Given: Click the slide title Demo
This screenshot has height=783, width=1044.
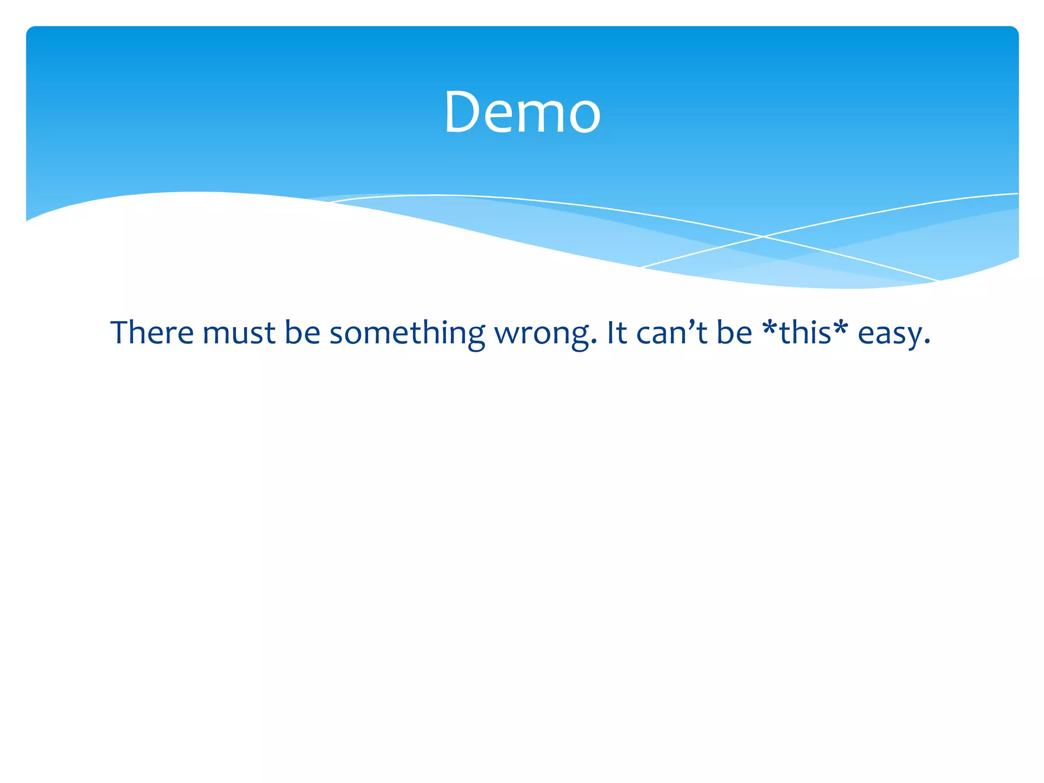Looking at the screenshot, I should (x=522, y=112).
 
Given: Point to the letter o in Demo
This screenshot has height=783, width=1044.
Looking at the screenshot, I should (x=584, y=116).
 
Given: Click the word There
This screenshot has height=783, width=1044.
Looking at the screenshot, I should (x=152, y=332).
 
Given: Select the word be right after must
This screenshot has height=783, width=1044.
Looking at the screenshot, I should (x=302, y=332).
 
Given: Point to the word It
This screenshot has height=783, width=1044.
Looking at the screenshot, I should (x=617, y=332).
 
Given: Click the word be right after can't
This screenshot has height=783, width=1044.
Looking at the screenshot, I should (x=735, y=332).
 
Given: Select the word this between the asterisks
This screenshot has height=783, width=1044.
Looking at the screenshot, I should (x=805, y=332).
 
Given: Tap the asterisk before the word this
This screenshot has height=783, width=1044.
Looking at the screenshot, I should (x=770, y=326).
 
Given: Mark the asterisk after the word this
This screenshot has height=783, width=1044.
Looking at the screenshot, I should (x=841, y=326).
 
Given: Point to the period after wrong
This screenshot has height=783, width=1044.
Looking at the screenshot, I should (x=593, y=344).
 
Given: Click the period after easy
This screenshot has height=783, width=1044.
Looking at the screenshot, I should (x=927, y=344).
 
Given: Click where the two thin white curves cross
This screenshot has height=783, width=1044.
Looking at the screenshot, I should (x=763, y=237).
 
